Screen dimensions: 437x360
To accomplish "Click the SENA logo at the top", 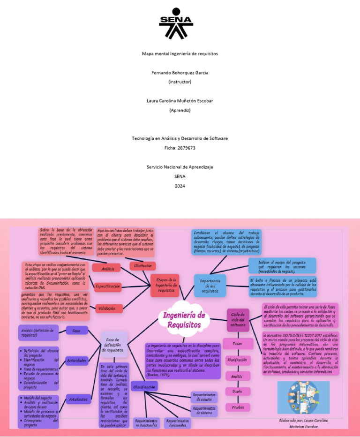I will tap(176, 23).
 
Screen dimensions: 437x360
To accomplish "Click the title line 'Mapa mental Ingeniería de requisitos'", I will tap(180, 54).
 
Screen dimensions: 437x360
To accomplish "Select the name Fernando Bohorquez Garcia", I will tap(180, 73).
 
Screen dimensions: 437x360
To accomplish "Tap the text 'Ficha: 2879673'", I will tap(180, 148).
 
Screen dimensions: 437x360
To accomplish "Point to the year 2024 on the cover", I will tap(180, 186).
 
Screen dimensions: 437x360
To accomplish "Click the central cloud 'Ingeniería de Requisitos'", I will tap(184, 320).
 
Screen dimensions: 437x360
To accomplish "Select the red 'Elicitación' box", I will tap(142, 266).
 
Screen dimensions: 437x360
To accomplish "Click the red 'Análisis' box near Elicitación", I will tap(108, 269).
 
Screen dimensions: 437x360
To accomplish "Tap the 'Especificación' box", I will tap(108, 286).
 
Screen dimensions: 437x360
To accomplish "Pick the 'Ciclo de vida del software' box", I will tap(238, 320).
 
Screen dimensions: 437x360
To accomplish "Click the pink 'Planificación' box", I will tap(237, 360).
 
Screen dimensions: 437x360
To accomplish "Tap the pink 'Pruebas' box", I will tap(237, 407).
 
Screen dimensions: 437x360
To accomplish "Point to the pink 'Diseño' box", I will tap(237, 391).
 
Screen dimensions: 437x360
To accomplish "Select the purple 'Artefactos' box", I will tap(78, 399).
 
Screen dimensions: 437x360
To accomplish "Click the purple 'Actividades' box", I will tap(77, 361).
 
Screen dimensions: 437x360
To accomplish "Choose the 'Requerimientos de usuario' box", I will tap(204, 397).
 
